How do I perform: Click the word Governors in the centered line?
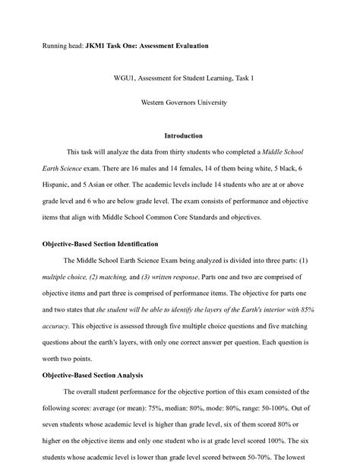click(x=182, y=100)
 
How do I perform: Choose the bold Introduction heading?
click(x=179, y=136)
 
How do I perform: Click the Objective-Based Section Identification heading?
click(x=99, y=244)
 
